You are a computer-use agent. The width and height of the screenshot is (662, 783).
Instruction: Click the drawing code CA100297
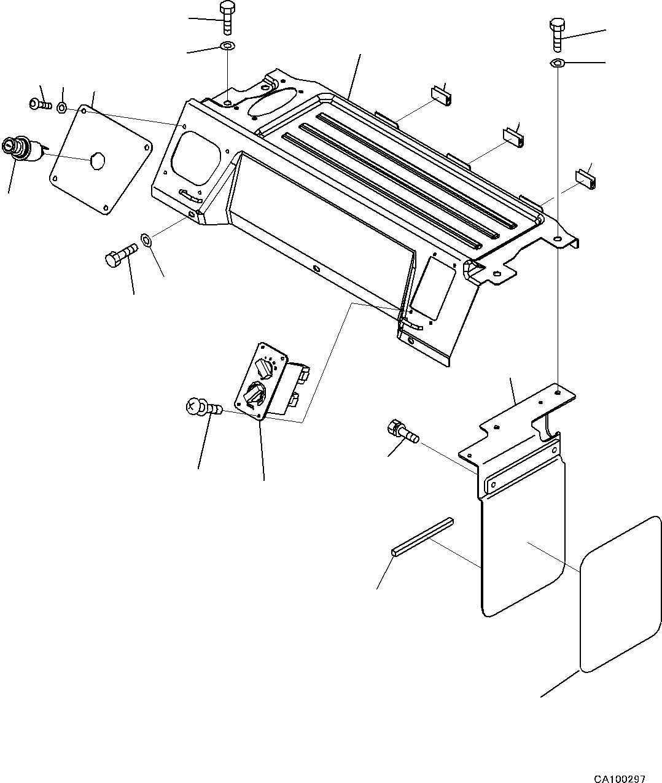619,774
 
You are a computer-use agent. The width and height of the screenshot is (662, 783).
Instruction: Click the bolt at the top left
226,18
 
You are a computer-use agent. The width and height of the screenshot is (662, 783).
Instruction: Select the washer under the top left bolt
227,46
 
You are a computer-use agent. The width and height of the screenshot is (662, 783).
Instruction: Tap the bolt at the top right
558,34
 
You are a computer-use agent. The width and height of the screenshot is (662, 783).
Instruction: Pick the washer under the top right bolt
558,63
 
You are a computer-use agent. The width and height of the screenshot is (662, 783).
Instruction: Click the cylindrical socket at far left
21,150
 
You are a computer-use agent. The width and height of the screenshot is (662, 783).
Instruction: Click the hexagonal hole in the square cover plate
97,160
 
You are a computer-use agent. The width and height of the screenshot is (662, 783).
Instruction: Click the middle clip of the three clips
515,137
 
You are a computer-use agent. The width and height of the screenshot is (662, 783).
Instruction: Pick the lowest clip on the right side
586,178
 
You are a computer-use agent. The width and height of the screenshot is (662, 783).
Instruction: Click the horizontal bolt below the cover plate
121,254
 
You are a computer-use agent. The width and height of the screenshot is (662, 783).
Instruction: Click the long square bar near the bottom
423,536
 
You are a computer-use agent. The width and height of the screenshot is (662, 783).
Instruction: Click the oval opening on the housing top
270,100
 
